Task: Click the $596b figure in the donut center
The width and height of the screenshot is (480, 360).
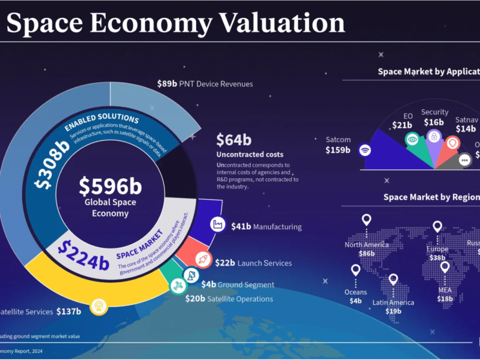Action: click(110, 187)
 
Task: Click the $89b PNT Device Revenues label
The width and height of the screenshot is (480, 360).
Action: click(205, 84)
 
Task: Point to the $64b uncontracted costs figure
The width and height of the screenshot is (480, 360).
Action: click(233, 140)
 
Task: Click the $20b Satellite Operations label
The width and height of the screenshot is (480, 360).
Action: click(229, 298)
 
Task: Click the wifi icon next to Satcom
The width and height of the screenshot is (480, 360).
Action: click(365, 151)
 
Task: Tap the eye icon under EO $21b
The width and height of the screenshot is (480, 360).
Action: click(412, 139)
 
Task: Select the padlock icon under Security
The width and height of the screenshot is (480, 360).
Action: click(434, 137)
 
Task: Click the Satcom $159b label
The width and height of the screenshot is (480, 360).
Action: click(338, 145)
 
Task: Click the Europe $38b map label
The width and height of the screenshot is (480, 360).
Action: click(437, 253)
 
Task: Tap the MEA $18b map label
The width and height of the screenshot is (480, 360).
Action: click(445, 294)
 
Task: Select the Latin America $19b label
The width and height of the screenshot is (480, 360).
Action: click(393, 306)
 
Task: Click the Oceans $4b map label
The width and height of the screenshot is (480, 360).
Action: click(355, 296)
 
